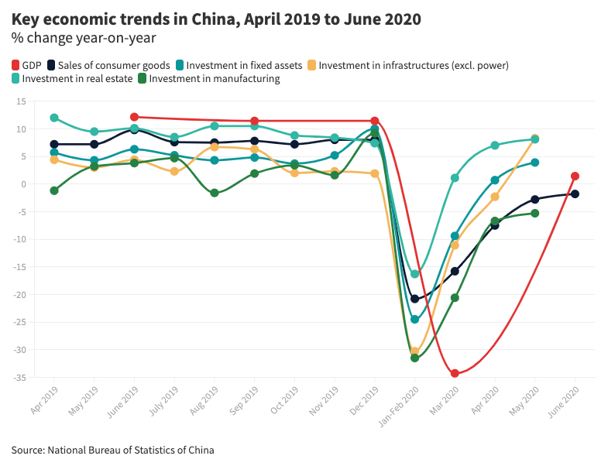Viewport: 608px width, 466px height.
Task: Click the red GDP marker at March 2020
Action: (455, 374)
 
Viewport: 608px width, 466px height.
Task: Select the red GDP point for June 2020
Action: (575, 176)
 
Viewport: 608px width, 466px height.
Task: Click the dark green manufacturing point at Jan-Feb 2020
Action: (414, 358)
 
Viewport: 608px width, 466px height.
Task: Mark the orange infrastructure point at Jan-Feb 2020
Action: (414, 351)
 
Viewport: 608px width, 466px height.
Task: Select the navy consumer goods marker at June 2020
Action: (575, 194)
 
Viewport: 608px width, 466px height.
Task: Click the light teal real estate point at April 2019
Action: (54, 118)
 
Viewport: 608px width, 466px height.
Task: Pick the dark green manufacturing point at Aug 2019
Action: (215, 193)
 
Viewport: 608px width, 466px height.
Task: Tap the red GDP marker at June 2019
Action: (135, 117)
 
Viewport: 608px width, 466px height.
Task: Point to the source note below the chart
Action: (112, 450)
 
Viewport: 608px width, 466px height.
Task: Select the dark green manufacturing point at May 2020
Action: (534, 213)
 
